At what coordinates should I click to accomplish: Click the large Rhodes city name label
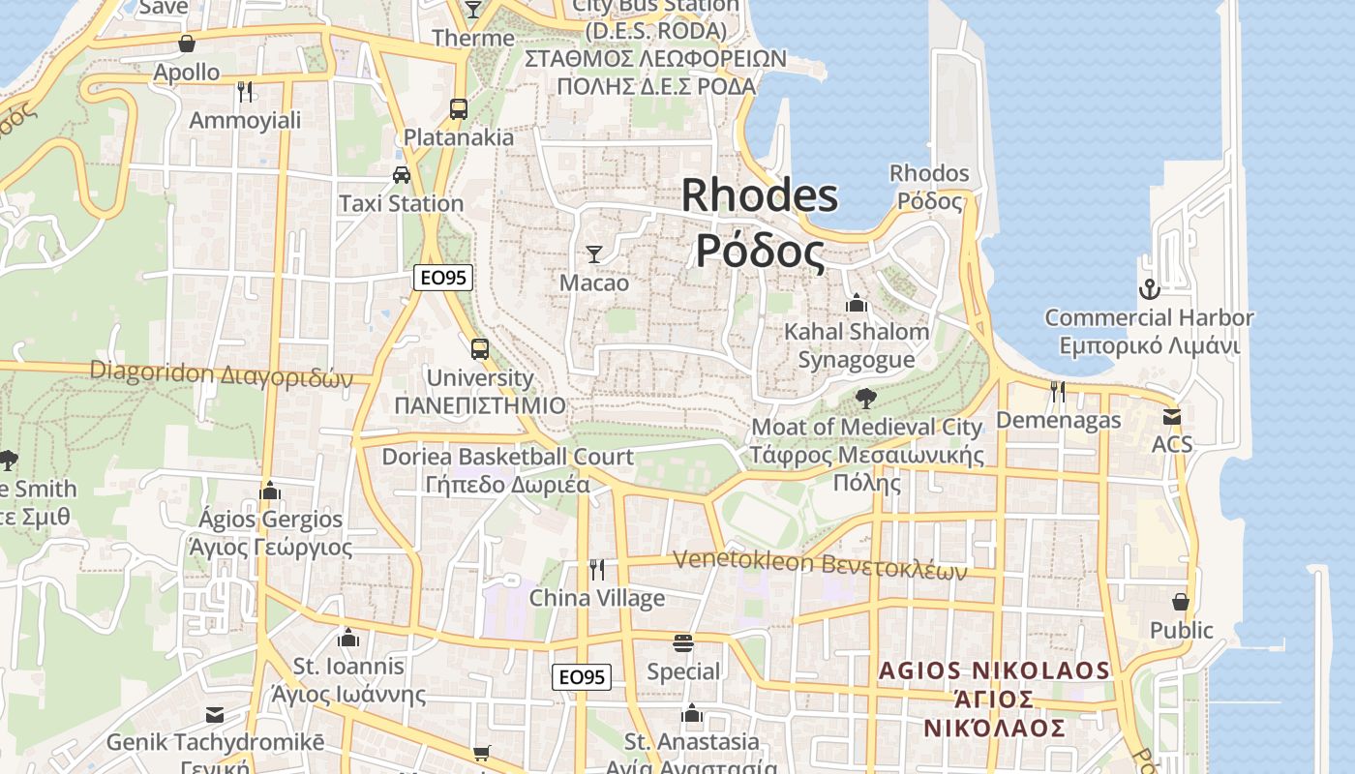(760, 223)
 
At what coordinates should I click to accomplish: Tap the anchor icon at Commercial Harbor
(1149, 288)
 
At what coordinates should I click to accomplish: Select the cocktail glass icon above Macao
(594, 254)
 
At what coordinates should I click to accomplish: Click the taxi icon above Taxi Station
(401, 175)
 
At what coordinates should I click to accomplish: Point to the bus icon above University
(480, 349)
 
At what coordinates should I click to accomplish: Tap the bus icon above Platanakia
(459, 108)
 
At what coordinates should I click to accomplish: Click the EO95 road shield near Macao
(442, 278)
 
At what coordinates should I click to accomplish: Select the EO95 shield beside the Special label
(583, 676)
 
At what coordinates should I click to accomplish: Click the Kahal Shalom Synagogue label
(856, 345)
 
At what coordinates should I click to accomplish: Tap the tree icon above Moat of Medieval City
(866, 398)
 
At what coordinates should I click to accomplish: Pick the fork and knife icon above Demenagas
(1058, 391)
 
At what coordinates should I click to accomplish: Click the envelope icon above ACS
(1172, 417)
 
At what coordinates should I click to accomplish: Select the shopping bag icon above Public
(1181, 602)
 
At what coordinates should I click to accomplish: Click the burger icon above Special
(683, 643)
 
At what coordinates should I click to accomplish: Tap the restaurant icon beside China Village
(597, 569)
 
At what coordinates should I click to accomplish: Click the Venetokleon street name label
(819, 564)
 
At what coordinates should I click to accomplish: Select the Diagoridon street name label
(221, 373)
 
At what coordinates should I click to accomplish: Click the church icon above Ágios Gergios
(270, 491)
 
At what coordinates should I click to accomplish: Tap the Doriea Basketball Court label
(508, 469)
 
